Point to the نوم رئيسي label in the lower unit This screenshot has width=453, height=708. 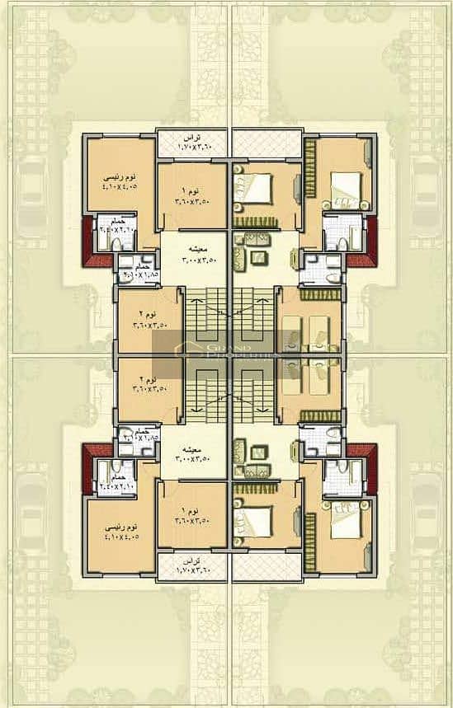[120, 525]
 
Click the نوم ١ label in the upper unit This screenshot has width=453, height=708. [191, 189]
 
